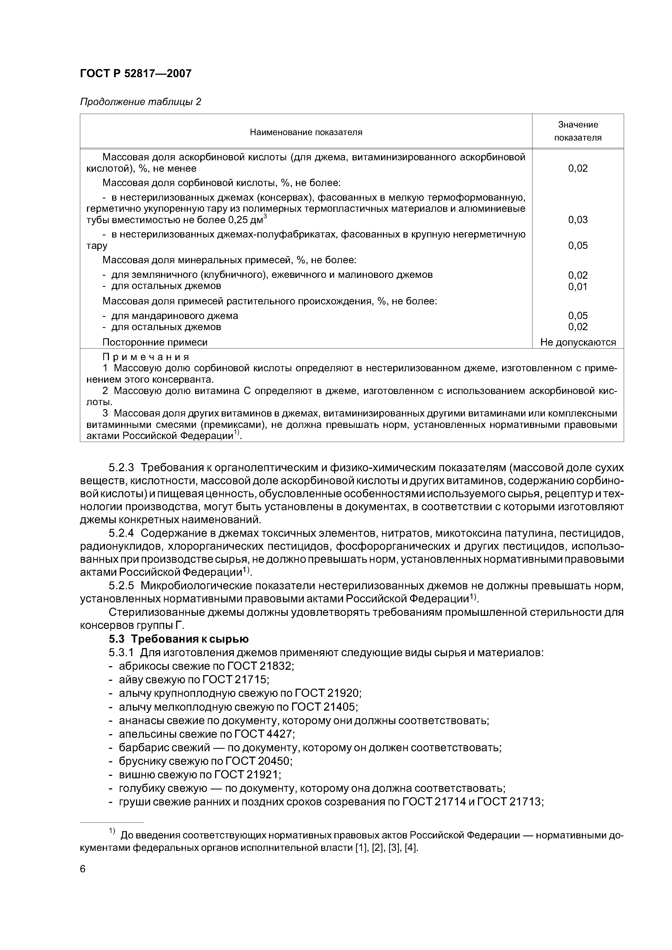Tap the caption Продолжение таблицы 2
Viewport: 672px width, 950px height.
tap(140, 102)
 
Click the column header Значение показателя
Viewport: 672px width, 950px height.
tap(578, 131)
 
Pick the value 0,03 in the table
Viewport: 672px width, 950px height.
tap(578, 220)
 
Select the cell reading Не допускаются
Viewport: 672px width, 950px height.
tap(578, 342)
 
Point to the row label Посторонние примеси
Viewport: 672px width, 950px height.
tap(155, 342)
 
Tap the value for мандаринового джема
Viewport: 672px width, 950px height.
tap(578, 316)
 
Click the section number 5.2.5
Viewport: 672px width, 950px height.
tap(121, 586)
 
